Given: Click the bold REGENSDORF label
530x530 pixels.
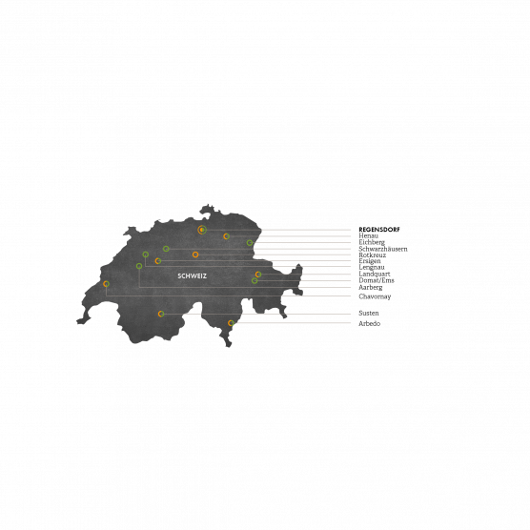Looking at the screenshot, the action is [378, 230].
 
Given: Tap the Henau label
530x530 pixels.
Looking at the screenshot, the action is [369, 235].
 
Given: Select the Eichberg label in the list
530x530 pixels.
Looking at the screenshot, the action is [372, 242].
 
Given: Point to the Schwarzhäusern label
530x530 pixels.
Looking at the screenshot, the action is [383, 249].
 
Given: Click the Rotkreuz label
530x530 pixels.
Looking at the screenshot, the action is [372, 255].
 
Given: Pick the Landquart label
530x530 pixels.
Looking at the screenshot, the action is [375, 274].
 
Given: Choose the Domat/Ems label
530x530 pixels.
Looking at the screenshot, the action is [377, 280].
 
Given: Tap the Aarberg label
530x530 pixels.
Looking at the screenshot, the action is [371, 287].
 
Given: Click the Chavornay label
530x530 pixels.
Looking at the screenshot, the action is [375, 296].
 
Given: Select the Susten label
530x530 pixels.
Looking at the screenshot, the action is [369, 313].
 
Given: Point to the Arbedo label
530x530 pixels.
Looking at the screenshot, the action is [370, 323].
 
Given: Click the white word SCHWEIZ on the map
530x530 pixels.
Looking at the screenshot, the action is [192, 276].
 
